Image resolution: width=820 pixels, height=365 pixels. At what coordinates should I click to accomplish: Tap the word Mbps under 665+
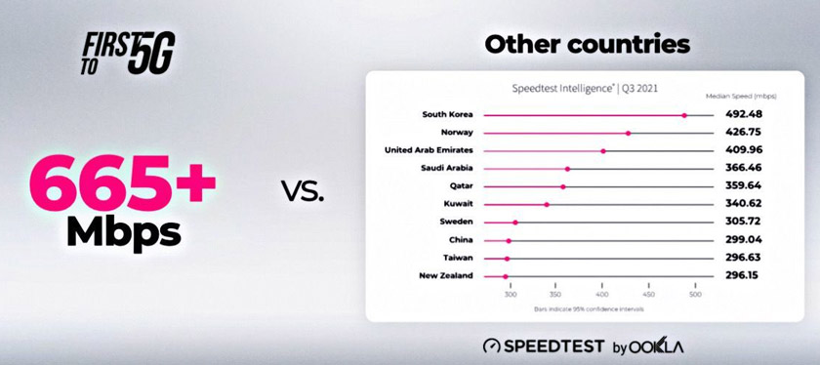coord(124,232)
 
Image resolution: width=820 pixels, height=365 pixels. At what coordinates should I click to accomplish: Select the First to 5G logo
coord(126,53)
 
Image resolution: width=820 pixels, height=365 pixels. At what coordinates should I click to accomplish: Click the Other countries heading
coord(587,45)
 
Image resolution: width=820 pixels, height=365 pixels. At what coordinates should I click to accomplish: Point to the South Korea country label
coord(447,114)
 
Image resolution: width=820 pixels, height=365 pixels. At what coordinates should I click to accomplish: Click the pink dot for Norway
coord(628,133)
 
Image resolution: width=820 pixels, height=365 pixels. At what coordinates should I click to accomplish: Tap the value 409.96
coord(743,150)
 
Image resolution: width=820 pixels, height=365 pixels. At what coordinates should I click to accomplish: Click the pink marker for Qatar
coord(563,186)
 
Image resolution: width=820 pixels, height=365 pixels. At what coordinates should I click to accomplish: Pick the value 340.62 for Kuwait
coord(743,204)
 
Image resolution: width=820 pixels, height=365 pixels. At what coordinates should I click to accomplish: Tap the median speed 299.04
coord(743,240)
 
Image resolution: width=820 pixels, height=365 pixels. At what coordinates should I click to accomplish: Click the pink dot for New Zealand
coord(505,276)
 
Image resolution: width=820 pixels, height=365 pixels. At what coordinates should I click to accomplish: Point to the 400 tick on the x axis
coord(602,295)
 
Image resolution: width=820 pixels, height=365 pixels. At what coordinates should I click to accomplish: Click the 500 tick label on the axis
coord(695,295)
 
